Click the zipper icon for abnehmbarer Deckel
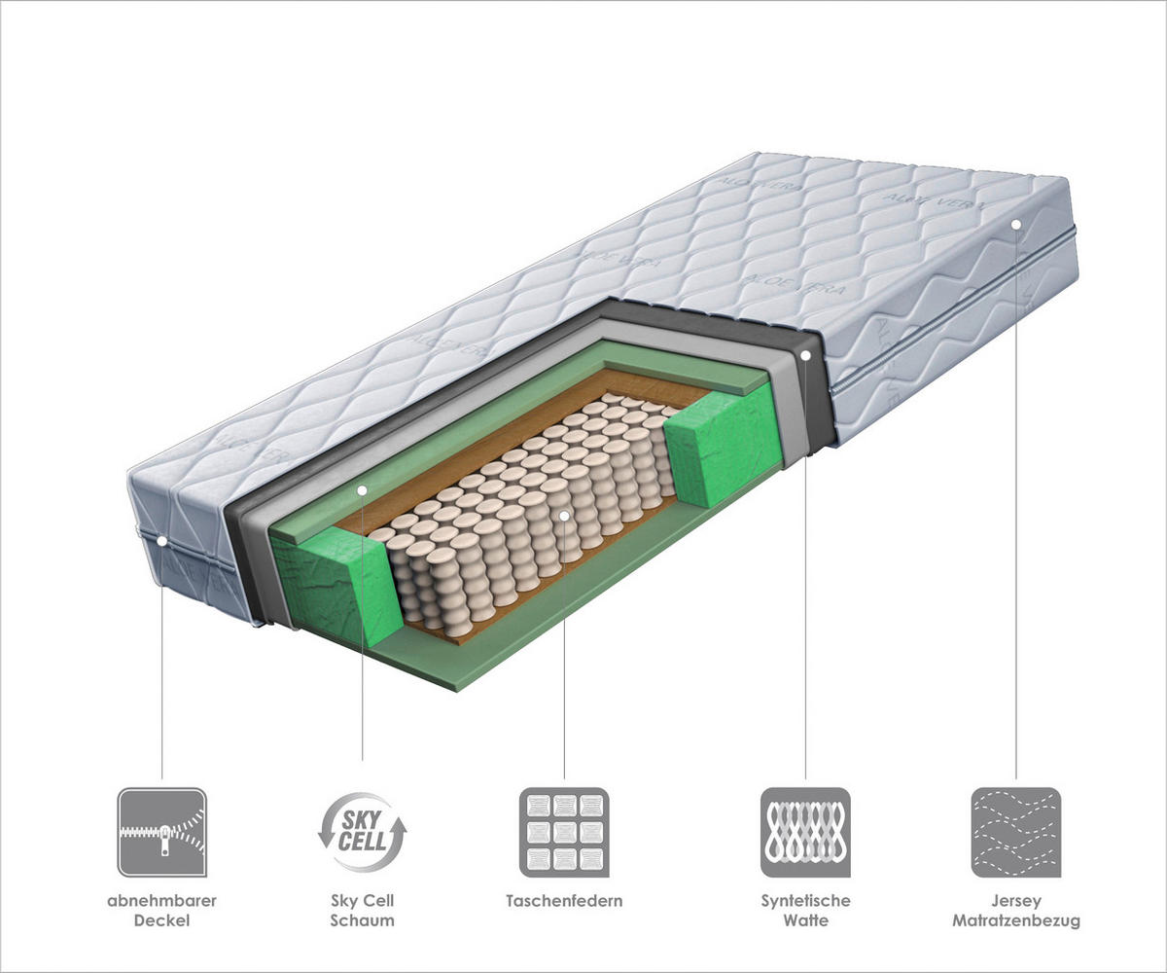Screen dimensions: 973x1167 [x=161, y=832]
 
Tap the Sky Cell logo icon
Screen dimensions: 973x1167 [x=363, y=832]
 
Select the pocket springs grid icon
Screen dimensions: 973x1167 [x=564, y=832]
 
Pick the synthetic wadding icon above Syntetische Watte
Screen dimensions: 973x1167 [x=805, y=832]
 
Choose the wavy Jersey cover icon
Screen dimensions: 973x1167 [x=1015, y=832]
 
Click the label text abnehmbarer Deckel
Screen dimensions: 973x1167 [x=161, y=910]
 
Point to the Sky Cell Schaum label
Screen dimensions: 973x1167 [x=363, y=910]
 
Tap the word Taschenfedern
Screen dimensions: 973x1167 [x=564, y=901]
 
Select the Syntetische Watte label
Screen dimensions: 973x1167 [x=805, y=910]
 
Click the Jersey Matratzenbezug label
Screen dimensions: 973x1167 [x=1016, y=910]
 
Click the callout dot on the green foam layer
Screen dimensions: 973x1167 [x=362, y=489]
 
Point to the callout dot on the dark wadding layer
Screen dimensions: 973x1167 [x=806, y=356]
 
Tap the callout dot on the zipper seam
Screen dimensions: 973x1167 [x=161, y=540]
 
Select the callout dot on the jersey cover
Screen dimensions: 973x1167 [x=1015, y=224]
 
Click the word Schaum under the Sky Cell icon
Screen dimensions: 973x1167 [x=363, y=919]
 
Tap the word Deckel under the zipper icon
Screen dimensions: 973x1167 [x=161, y=919]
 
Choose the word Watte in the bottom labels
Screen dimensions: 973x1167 [x=805, y=919]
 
